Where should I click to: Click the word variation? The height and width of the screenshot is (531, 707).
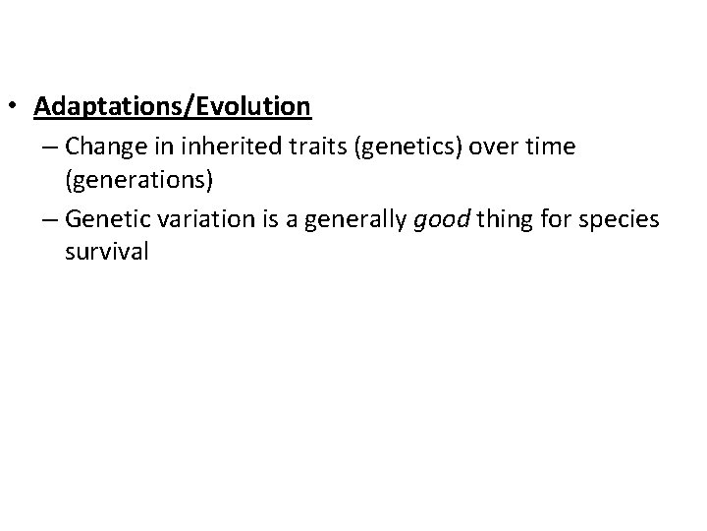tap(193, 218)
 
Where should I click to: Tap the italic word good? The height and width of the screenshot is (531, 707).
tap(435, 219)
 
